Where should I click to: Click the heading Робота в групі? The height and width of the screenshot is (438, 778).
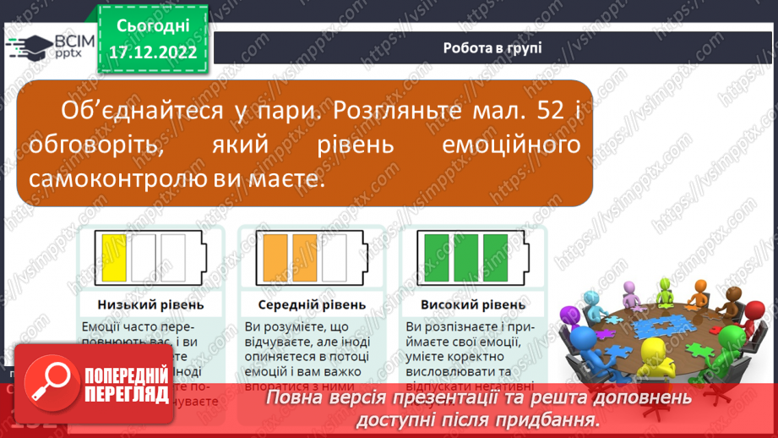pos(492,47)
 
